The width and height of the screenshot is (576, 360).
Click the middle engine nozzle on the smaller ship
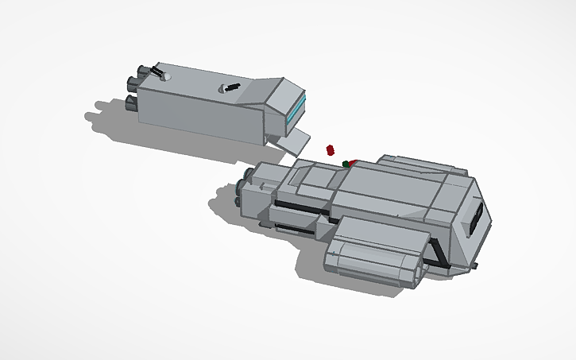[133, 81]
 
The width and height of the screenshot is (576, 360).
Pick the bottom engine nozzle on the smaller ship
[132, 102]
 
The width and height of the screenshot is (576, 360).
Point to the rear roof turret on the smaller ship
[161, 73]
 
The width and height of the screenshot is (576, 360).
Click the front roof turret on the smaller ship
[231, 87]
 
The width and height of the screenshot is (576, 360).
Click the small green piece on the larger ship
[346, 165]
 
